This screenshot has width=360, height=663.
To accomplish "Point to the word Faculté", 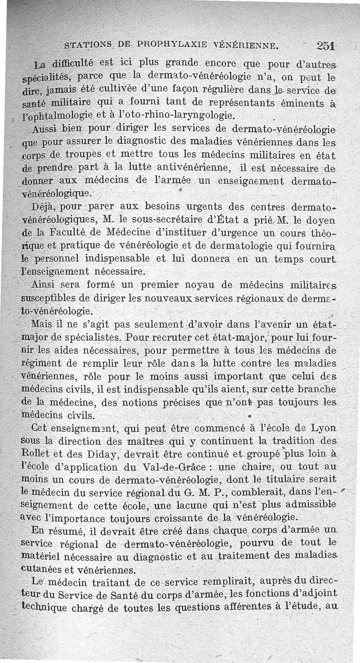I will coord(67,234).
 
